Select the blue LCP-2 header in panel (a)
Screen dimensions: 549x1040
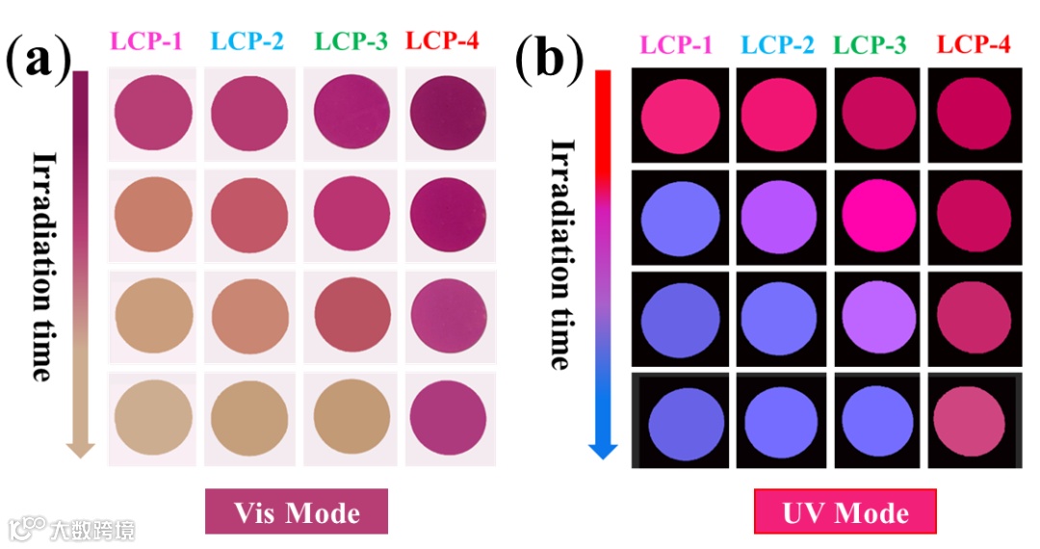click(x=247, y=41)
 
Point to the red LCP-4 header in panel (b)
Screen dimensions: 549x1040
click(x=974, y=44)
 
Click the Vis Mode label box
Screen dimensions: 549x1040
click(x=296, y=511)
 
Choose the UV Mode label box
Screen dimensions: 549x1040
click(x=845, y=511)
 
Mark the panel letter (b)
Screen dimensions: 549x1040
click(x=549, y=60)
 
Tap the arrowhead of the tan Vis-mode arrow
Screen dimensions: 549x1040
click(x=81, y=448)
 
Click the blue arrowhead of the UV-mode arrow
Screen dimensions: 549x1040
click(x=603, y=449)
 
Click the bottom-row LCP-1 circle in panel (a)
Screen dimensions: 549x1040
click(x=152, y=418)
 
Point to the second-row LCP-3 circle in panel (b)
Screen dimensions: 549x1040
click(x=876, y=213)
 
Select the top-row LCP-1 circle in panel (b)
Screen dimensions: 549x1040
click(x=682, y=116)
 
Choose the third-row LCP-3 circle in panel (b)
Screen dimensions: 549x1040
click(x=876, y=317)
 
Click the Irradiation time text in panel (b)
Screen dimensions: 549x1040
click(x=560, y=254)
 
